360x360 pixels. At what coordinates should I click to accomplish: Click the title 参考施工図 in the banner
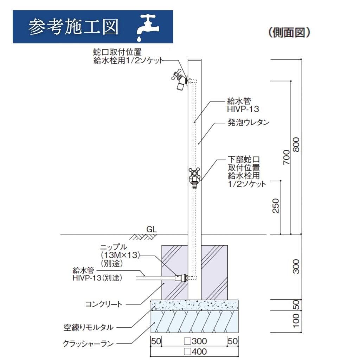pyautogui.click(x=73, y=27)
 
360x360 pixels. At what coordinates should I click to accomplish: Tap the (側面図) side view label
pyautogui.click(x=289, y=32)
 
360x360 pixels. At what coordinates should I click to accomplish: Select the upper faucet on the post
pyautogui.click(x=180, y=81)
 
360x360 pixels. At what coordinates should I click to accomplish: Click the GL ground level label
pyautogui.click(x=152, y=229)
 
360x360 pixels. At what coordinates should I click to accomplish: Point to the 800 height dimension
pyautogui.click(x=296, y=144)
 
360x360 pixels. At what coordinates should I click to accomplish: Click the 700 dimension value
pyautogui.click(x=287, y=157)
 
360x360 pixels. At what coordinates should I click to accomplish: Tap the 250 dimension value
pyautogui.click(x=276, y=206)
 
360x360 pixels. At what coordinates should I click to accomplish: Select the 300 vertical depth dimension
pyautogui.click(x=296, y=266)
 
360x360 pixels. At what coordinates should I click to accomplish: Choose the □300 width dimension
pyautogui.click(x=195, y=341)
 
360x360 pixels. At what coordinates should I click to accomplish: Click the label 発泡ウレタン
pyautogui.click(x=249, y=122)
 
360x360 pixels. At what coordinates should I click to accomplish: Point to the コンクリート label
pyautogui.click(x=104, y=304)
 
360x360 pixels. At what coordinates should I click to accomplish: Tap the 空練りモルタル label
pyautogui.click(x=88, y=327)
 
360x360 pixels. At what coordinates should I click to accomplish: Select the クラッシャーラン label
pyautogui.click(x=88, y=344)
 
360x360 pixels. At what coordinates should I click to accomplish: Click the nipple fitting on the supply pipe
pyautogui.click(x=181, y=278)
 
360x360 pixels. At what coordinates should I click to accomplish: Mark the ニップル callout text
pyautogui.click(x=114, y=247)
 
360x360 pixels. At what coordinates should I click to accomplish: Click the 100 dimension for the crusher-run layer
pyautogui.click(x=296, y=321)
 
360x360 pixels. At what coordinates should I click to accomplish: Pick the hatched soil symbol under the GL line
pyautogui.click(x=141, y=237)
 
